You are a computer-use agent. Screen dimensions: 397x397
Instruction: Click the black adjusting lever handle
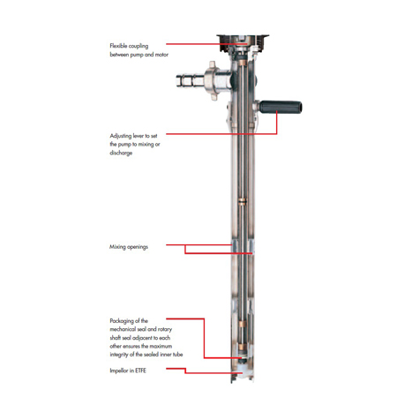tap(281, 107)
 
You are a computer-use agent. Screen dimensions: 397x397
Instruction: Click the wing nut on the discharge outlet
tap(213, 80)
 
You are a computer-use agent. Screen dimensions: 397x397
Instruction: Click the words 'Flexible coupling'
tap(129, 46)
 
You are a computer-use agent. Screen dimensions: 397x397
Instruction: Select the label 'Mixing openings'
tap(129, 247)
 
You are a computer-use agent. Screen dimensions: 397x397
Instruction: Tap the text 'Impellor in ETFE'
tap(128, 371)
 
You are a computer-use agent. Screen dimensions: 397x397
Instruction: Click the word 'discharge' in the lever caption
tap(121, 153)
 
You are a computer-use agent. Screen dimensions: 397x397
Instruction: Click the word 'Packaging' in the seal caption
tap(122, 321)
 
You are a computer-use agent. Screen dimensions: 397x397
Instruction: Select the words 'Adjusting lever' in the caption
tap(127, 136)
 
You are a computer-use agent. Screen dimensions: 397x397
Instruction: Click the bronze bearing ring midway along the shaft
tap(243, 201)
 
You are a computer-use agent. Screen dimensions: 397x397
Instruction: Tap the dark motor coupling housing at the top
tap(243, 43)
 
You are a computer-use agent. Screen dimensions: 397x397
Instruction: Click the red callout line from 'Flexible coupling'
tap(206, 44)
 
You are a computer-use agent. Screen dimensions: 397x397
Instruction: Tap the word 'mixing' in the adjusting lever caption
tap(146, 145)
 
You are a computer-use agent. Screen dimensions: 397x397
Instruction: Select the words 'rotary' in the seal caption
tap(165, 329)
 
